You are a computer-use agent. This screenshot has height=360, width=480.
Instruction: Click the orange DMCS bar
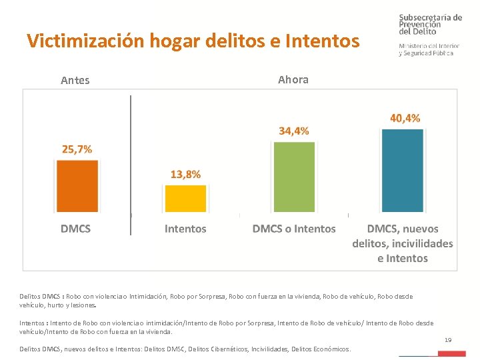pos(77,187)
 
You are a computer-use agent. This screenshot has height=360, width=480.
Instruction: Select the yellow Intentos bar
pos(185,199)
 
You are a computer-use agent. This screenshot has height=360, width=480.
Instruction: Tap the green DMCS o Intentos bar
pos(294,177)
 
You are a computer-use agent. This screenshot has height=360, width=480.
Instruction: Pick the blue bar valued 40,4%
pos(403,170)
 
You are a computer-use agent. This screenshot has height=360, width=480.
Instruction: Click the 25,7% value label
pos(77,149)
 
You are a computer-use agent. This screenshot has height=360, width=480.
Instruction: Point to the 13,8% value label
pos(185,174)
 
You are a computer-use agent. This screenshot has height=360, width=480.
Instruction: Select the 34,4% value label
pos(294,131)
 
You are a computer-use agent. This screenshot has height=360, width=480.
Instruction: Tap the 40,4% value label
pos(405,118)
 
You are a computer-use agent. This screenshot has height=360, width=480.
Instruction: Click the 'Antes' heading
pos(75,81)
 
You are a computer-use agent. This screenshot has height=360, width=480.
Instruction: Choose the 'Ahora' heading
pos(293,79)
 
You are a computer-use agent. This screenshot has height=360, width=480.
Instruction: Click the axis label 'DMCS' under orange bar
pos(76,229)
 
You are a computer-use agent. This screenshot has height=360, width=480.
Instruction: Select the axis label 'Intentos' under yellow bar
pos(185,229)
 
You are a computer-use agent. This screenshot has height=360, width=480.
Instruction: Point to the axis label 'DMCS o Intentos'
pos(294,229)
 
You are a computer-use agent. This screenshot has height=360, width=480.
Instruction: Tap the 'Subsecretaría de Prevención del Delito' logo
pos(429,35)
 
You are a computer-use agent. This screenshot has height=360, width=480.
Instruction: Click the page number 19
pos(448,341)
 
